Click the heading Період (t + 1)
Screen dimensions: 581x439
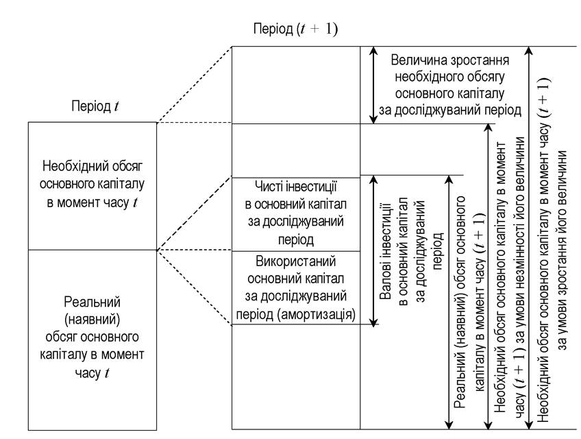coord(295,29)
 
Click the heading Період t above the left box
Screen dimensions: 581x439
coord(95,106)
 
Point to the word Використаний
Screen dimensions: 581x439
coord(296,261)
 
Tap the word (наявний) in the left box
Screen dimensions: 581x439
coord(92,319)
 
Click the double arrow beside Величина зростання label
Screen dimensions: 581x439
coord(373,85)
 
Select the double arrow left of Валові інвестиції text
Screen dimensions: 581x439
coord(373,250)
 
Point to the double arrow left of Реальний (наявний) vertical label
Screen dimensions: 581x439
coord(449,302)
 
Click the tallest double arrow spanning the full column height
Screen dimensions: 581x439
coord(530,238)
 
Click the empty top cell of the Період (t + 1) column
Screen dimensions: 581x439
coord(296,85)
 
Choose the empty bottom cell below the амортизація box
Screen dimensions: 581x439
coord(296,377)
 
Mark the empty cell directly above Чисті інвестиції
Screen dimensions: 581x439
coord(296,151)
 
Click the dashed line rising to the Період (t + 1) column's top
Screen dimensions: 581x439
coord(195,84)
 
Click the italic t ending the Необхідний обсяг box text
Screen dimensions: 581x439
coord(135,202)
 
